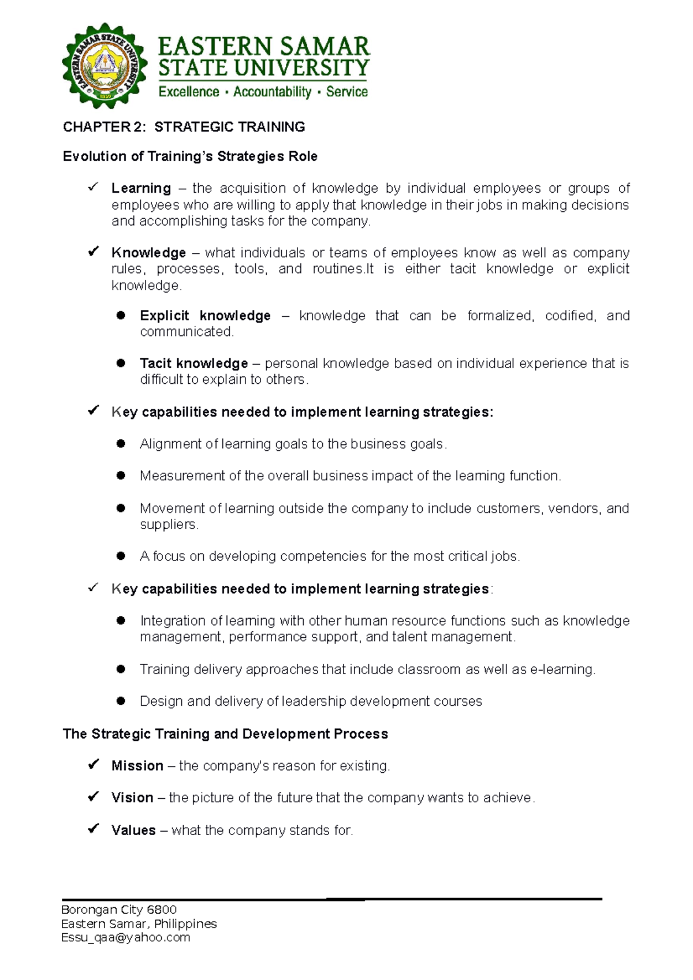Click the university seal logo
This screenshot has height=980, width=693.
coord(105,65)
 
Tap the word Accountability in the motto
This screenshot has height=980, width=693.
coord(272,92)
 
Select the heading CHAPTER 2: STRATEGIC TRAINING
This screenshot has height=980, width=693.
coord(184,127)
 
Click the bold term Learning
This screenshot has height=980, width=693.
coord(141,188)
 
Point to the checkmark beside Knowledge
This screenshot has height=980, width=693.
coord(93,252)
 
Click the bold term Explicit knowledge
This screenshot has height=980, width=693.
coord(205,316)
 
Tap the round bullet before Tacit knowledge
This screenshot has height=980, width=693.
coord(121,363)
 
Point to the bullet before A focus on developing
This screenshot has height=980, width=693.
coord(121,556)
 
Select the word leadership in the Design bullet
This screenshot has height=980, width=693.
coord(314,701)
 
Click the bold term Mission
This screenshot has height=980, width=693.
coord(137,766)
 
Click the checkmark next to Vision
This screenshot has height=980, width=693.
coord(93,797)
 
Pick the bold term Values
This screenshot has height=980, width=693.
coord(133,830)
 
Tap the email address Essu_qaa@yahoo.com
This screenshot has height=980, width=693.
coord(125,937)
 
